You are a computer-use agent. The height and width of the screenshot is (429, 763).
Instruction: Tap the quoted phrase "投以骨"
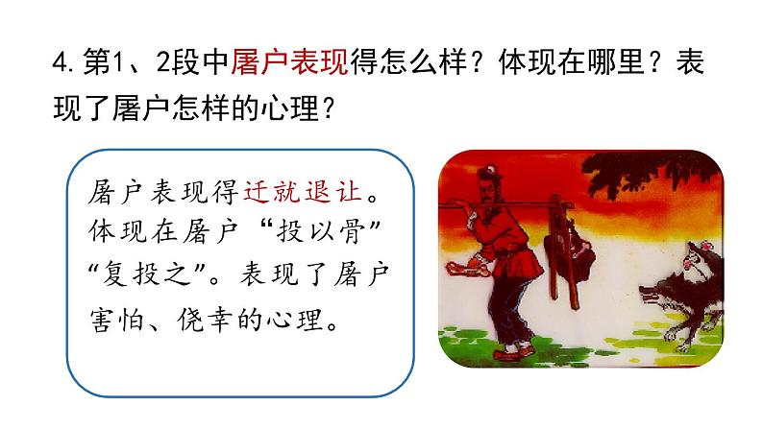326,234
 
